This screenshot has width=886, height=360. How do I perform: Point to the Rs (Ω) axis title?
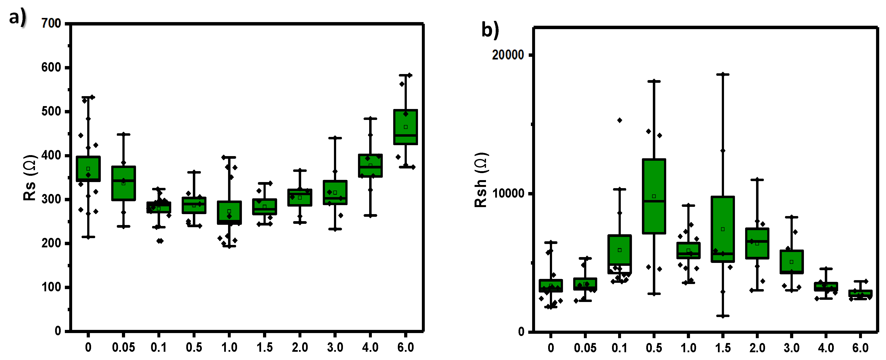(x=30, y=178)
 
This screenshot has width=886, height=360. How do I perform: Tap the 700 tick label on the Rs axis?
(x=51, y=23)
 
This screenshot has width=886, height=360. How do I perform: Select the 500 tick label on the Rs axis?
(x=51, y=111)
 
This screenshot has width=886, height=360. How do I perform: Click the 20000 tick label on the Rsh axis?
(x=508, y=55)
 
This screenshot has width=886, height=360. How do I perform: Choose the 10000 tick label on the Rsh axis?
(x=508, y=193)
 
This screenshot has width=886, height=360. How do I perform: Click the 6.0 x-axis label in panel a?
(x=406, y=347)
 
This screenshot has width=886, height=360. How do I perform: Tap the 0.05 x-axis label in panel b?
(x=585, y=348)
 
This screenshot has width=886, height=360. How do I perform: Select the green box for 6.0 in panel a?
(x=406, y=127)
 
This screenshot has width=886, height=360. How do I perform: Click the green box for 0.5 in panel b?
(x=654, y=196)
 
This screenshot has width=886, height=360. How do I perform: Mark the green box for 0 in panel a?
(x=88, y=169)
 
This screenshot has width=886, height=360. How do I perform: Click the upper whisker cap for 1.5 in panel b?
(x=723, y=74)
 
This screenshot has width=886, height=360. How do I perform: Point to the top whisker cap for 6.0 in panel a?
(x=406, y=75)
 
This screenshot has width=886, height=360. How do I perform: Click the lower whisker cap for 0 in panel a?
(x=88, y=237)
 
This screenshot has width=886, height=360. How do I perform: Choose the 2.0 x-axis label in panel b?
(x=757, y=348)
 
